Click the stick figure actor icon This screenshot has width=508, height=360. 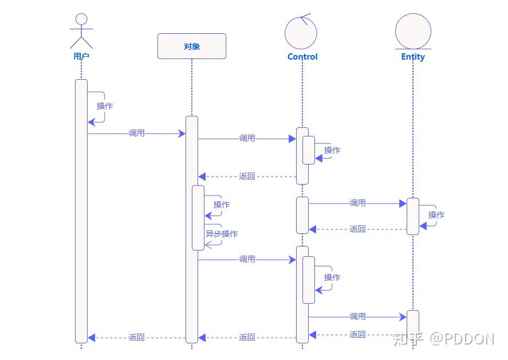(x=81, y=31)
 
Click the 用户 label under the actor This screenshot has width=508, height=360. (x=81, y=56)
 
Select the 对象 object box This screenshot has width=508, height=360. (x=192, y=46)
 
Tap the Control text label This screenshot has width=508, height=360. (x=302, y=57)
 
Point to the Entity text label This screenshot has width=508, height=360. (x=413, y=57)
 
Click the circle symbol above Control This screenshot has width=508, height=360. (x=301, y=32)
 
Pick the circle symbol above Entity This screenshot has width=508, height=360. (x=413, y=31)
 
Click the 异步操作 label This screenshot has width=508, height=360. (x=222, y=234)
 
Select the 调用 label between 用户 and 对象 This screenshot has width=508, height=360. (x=137, y=133)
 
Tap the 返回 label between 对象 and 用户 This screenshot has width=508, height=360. (x=137, y=338)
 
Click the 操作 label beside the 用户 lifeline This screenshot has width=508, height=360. (x=105, y=106)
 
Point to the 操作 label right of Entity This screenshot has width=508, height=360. (x=436, y=215)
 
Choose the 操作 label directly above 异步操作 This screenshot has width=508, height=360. (x=222, y=205)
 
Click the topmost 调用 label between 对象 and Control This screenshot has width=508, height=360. (x=247, y=138)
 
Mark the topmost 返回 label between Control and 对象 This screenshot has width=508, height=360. (x=247, y=177)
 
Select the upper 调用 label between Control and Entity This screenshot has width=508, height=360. (x=358, y=203)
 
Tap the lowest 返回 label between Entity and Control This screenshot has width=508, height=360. (x=358, y=335)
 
